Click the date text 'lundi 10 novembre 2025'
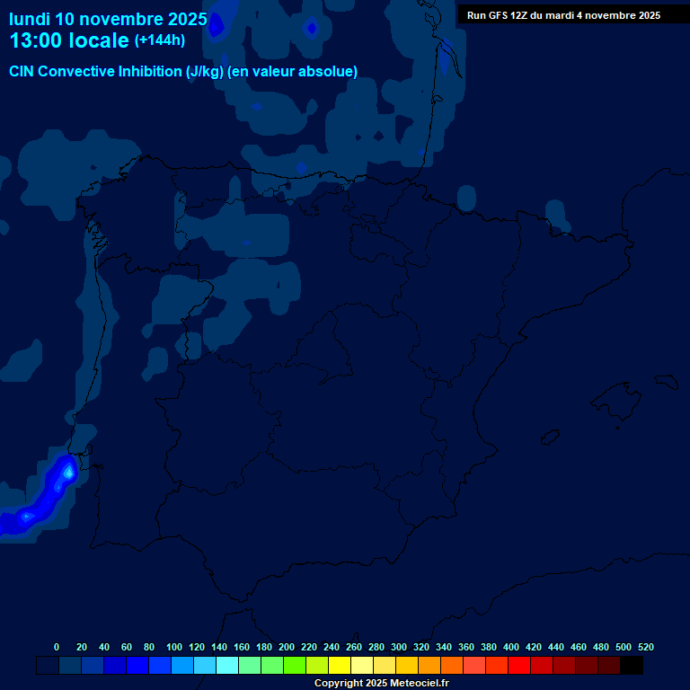coord(108,19)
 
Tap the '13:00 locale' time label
coord(69,40)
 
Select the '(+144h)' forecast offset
coord(160,40)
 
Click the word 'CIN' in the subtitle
coord(22,72)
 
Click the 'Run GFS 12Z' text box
coord(563,15)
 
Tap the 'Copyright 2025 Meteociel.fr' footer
coord(381,684)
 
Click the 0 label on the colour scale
coord(57,648)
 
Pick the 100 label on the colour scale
coord(174,648)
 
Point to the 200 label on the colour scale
coord(287,648)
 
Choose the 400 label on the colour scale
coord(511,648)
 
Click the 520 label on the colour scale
coord(645,648)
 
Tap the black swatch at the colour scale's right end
coord(632,666)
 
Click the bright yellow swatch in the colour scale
coord(340,666)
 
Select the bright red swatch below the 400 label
coord(519,666)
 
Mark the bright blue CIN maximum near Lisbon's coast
coord(67,471)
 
